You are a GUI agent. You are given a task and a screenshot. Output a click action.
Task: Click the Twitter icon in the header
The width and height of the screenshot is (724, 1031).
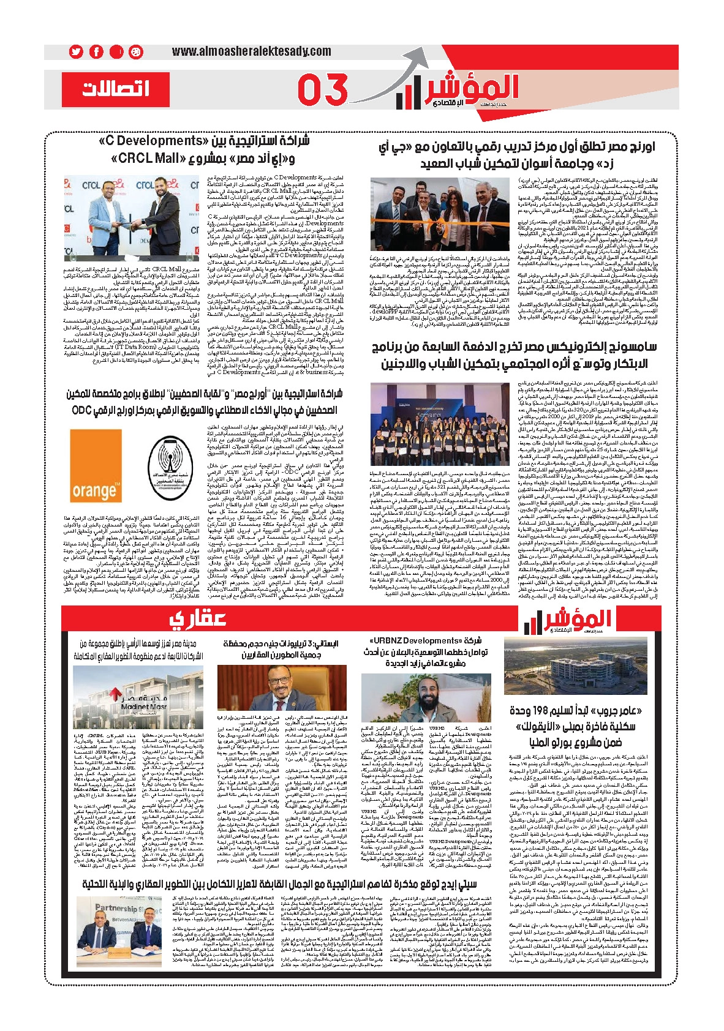[x=76, y=52]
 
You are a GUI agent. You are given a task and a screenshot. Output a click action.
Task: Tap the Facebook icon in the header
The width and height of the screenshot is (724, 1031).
[x=96, y=52]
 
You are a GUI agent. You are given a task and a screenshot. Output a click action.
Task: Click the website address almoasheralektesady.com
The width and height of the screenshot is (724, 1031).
[x=251, y=52]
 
